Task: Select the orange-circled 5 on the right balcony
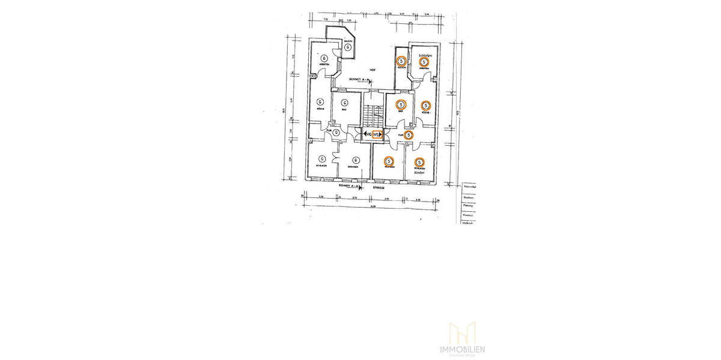click(401, 61)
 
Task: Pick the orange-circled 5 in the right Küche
click(425, 106)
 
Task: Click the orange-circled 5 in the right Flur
click(409, 136)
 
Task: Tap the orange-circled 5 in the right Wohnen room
click(389, 161)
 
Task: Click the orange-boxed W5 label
click(377, 135)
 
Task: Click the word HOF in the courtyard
click(373, 70)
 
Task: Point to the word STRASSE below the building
click(378, 188)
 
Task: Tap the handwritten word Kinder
click(419, 173)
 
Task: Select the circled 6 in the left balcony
click(347, 47)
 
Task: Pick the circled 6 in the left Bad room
click(344, 102)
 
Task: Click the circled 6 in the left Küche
click(320, 102)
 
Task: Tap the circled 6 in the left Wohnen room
click(356, 160)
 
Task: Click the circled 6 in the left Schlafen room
click(320, 160)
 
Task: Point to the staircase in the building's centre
click(372, 114)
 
